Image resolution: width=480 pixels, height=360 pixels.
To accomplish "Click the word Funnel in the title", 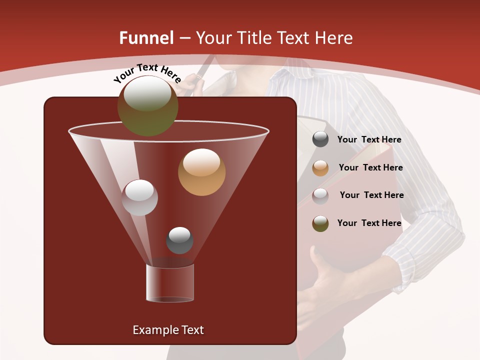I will (x=146, y=38).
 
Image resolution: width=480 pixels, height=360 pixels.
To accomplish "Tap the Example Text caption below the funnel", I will (x=168, y=330).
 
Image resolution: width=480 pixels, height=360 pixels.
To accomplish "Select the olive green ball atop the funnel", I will (x=147, y=106).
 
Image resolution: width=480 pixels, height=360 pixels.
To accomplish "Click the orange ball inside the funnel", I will (x=201, y=172).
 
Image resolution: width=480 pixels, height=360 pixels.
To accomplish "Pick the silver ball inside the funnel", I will (x=139, y=197).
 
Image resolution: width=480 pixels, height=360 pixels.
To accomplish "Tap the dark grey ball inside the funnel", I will (x=179, y=240).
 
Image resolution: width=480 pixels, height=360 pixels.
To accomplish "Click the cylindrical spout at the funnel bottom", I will (x=169, y=283).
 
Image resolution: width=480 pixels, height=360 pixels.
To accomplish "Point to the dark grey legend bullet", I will (x=320, y=139).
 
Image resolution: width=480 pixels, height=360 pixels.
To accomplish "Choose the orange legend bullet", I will (x=320, y=168).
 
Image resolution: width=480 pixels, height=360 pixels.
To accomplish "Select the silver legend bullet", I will (x=320, y=195).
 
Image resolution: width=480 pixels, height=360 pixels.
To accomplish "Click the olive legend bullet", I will (x=320, y=223).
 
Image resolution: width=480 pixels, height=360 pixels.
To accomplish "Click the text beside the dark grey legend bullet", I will (x=369, y=140).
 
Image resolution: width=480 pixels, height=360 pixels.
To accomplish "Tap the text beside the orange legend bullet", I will (x=370, y=168).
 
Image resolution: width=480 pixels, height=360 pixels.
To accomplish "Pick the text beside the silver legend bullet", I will (x=371, y=195).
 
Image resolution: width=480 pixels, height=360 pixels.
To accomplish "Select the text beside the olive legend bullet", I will (x=369, y=223).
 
